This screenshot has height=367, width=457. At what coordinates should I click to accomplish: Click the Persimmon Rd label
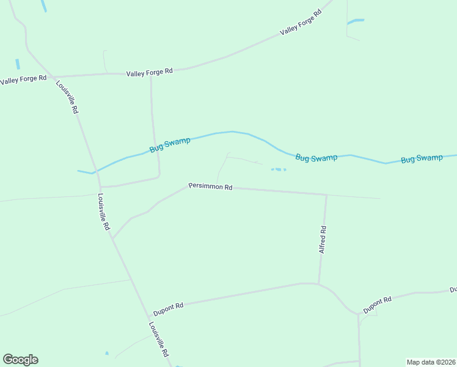pos(210,187)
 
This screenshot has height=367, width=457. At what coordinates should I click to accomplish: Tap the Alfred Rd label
pos(323,240)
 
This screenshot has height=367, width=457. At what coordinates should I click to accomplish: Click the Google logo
pos(20,360)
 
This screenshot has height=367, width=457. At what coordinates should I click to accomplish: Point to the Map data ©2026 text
pos(431,361)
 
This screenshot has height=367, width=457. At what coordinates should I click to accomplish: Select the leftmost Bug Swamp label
pos(170,145)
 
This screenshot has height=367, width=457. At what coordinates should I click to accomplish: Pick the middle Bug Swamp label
pos(316,158)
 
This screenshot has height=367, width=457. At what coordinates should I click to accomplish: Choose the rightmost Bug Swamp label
pos(422,158)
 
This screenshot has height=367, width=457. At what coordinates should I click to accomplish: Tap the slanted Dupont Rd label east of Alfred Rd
pos(377,305)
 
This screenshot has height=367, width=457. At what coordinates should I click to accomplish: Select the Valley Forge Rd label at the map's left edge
pos(23,80)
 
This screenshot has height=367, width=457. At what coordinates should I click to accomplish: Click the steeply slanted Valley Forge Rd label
pos(301,23)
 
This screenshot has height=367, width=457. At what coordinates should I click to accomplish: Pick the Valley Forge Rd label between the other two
pos(150,72)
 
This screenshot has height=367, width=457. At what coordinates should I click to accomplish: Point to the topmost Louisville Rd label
pos(67,97)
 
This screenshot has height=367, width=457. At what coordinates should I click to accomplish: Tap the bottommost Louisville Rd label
pos(159,339)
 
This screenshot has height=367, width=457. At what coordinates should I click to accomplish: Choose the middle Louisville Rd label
pos(104,212)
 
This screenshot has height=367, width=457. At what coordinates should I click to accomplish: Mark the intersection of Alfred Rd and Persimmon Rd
pos(326,195)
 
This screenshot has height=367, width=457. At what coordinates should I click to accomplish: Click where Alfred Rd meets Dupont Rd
pos(318,284)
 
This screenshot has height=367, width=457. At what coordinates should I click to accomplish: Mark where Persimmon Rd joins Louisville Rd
pos(112,239)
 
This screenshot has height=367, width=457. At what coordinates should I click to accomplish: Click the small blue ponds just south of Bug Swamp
pos(278,169)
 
